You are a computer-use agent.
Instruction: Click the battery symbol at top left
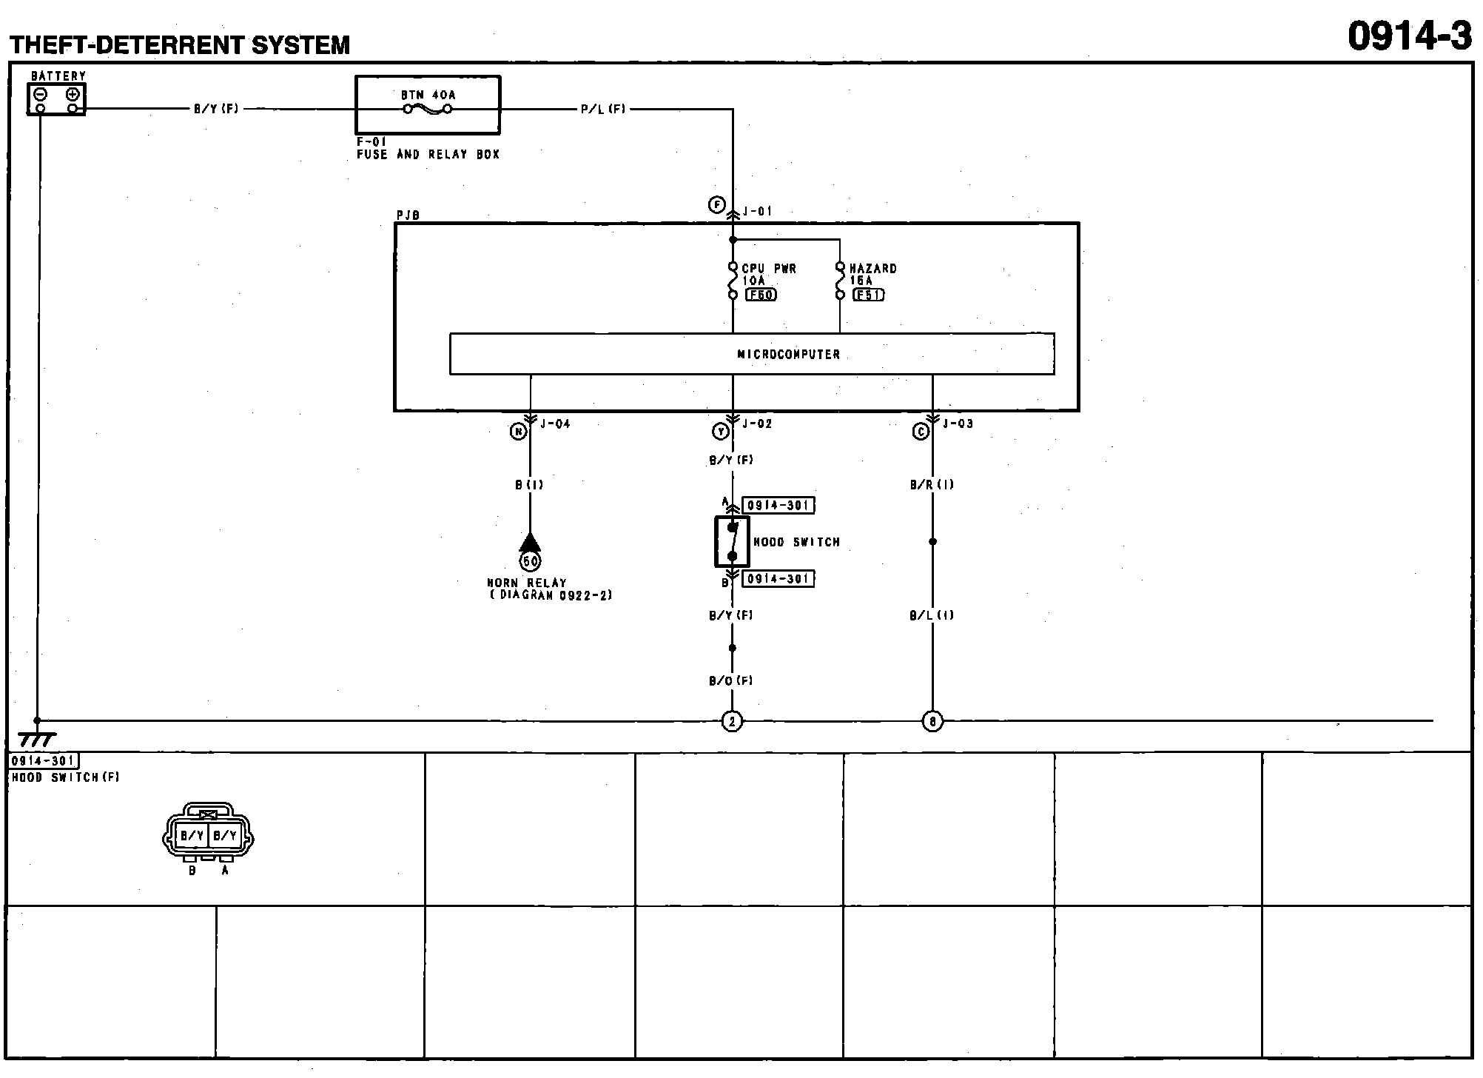57,99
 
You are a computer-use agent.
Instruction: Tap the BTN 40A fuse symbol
428,110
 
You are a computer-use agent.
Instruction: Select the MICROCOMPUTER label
788,355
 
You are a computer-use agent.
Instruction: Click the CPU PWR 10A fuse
733,281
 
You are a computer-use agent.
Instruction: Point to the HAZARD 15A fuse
840,281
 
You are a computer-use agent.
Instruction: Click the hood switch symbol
732,541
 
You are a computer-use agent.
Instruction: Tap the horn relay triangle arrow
530,543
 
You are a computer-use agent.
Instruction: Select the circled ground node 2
732,721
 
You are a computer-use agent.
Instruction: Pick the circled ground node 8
932,721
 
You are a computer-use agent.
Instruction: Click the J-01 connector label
757,212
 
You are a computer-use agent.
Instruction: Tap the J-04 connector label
555,424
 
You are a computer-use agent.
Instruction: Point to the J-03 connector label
958,424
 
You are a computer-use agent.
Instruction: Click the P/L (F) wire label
603,110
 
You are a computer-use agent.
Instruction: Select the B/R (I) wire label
932,485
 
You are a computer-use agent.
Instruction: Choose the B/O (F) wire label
731,681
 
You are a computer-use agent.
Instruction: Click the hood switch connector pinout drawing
208,835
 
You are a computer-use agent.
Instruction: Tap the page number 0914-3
1409,36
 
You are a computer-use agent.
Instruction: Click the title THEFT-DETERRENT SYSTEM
180,45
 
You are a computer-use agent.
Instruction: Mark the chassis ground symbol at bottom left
37,738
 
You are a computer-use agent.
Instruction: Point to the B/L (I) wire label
932,615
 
